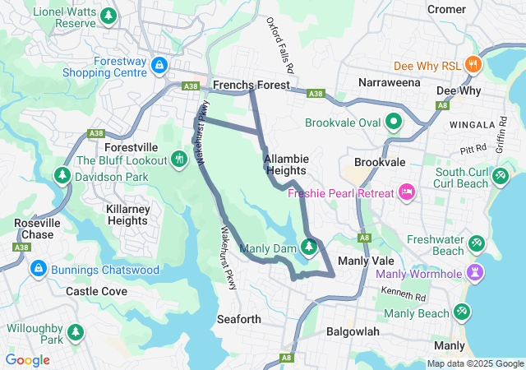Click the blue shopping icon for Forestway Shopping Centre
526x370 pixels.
pyautogui.click(x=159, y=64)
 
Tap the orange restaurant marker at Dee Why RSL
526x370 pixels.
pyautogui.click(x=472, y=64)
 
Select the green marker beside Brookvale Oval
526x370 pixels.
pyautogui.click(x=394, y=123)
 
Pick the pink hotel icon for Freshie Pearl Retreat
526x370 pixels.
pyautogui.click(x=405, y=192)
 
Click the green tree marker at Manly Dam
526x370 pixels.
pyautogui.click(x=309, y=247)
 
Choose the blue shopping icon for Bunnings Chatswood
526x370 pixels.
pyautogui.click(x=38, y=269)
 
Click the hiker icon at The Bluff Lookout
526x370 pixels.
pyautogui.click(x=180, y=159)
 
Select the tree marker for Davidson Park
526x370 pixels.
pyautogui.click(x=62, y=176)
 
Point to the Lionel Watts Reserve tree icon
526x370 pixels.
pyautogui.click(x=108, y=16)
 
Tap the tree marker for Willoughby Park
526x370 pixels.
pyautogui.click(x=76, y=332)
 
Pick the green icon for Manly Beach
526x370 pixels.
pyautogui.click(x=462, y=312)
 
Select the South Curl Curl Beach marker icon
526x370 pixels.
pyautogui.click(x=500, y=176)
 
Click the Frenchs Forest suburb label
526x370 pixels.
pyautogui.click(x=251, y=86)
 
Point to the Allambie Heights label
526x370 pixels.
pyautogui.click(x=285, y=164)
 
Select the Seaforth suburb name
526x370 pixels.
pyautogui.click(x=239, y=319)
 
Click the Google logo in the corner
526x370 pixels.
pyautogui.click(x=28, y=360)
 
